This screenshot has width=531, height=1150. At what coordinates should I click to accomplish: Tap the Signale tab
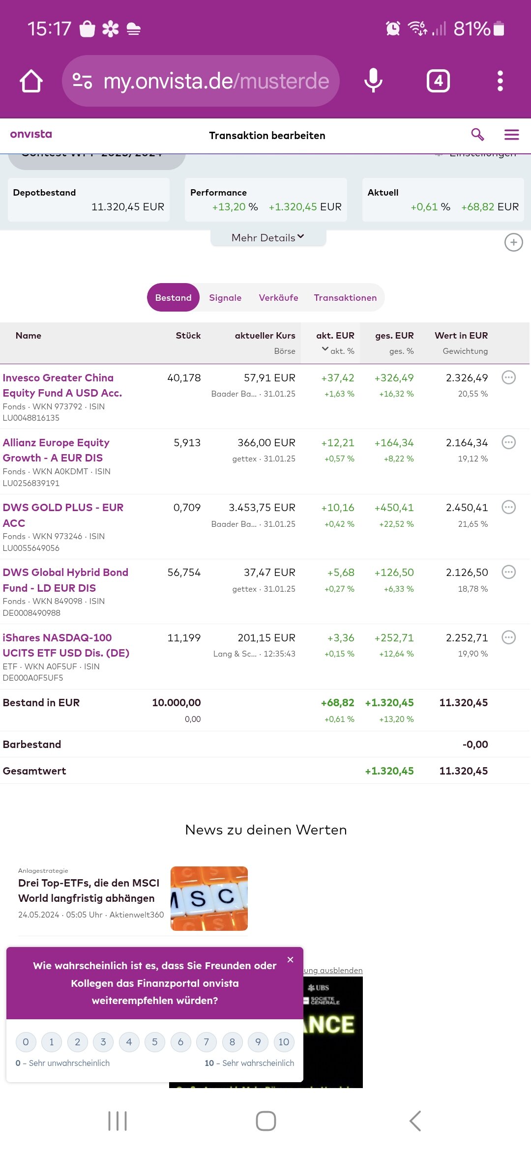pos(225,297)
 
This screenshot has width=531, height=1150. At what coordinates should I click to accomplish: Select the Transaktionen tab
pos(345,297)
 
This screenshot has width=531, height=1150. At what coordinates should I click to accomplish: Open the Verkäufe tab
pos(278,297)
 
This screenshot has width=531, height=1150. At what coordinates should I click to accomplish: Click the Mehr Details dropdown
pos(268,238)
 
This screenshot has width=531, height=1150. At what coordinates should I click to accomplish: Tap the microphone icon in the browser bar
pos(373,81)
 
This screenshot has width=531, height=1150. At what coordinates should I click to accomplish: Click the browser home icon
pos(31,81)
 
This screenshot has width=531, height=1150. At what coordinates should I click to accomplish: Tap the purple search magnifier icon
pos(477,135)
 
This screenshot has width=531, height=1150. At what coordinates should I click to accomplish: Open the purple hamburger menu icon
pos(512,135)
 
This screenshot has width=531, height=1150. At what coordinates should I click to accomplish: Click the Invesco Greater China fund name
pos(62,385)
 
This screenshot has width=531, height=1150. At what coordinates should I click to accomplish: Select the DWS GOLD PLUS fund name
pos(63,515)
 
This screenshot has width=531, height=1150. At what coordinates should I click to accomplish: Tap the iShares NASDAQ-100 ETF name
pos(66,645)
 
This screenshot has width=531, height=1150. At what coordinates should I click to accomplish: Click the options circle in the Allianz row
pos(508,442)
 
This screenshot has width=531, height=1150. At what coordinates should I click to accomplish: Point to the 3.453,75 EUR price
pos(262,508)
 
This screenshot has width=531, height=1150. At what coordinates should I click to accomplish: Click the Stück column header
pos(188,336)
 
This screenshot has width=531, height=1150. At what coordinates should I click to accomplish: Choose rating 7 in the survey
pos(206,1042)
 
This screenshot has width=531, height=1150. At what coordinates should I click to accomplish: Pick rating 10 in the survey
pos(284,1042)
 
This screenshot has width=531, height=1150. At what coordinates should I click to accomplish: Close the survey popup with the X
pos(291,960)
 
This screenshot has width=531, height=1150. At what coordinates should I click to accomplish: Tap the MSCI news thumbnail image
pos(209,898)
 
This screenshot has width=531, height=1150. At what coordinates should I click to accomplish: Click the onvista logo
pos(31,134)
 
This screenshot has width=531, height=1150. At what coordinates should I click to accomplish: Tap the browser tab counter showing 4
pos(438,81)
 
